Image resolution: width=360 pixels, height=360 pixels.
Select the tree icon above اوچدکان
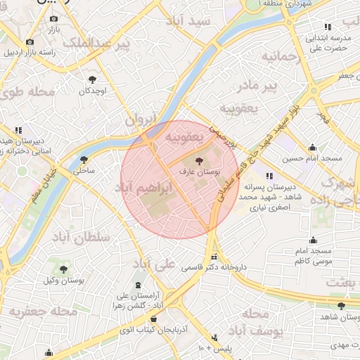[x=92, y=79]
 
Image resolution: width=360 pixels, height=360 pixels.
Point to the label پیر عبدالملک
[x=97, y=45]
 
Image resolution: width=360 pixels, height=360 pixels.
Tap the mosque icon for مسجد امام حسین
[x=312, y=148]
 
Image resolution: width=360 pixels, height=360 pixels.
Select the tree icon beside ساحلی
[x=84, y=160]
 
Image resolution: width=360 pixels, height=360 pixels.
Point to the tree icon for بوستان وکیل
[x=64, y=269]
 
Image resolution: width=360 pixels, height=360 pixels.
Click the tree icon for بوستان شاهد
[x=342, y=306]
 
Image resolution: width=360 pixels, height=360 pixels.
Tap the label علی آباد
[x=156, y=265]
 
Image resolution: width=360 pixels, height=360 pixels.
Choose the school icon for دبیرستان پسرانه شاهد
[x=269, y=176]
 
